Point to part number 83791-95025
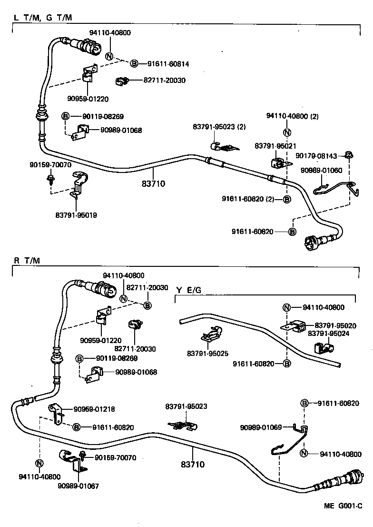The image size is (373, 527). coord(208,353)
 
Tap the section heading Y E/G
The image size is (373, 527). coord(188,290)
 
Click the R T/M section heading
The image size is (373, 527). coord(27,260)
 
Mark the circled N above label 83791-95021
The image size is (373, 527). coord(287,132)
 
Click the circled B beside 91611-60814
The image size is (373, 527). coord(134,63)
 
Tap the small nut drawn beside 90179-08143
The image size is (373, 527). coord(349,154)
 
